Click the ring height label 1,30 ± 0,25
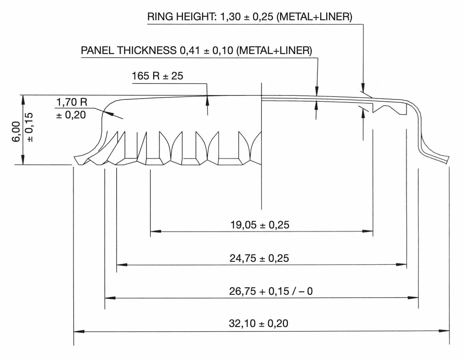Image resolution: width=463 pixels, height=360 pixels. pyautogui.click(x=247, y=17)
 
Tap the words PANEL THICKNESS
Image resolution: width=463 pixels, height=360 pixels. pyautogui.click(x=129, y=50)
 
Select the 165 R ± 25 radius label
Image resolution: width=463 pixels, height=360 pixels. pyautogui.click(x=158, y=76)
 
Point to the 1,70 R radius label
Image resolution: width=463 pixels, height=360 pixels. pyautogui.click(x=72, y=102)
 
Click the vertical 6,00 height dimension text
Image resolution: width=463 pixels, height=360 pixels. pyautogui.click(x=17, y=131)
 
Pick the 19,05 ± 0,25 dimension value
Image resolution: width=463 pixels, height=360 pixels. pyautogui.click(x=260, y=225)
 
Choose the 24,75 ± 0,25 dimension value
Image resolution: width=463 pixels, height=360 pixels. pyautogui.click(x=259, y=258)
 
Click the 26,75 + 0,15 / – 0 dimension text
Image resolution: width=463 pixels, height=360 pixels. pyautogui.click(x=271, y=291)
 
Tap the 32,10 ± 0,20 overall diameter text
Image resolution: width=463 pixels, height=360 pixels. pyautogui.click(x=259, y=323)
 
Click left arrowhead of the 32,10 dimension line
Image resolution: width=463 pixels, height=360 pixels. pyautogui.click(x=79, y=331)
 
